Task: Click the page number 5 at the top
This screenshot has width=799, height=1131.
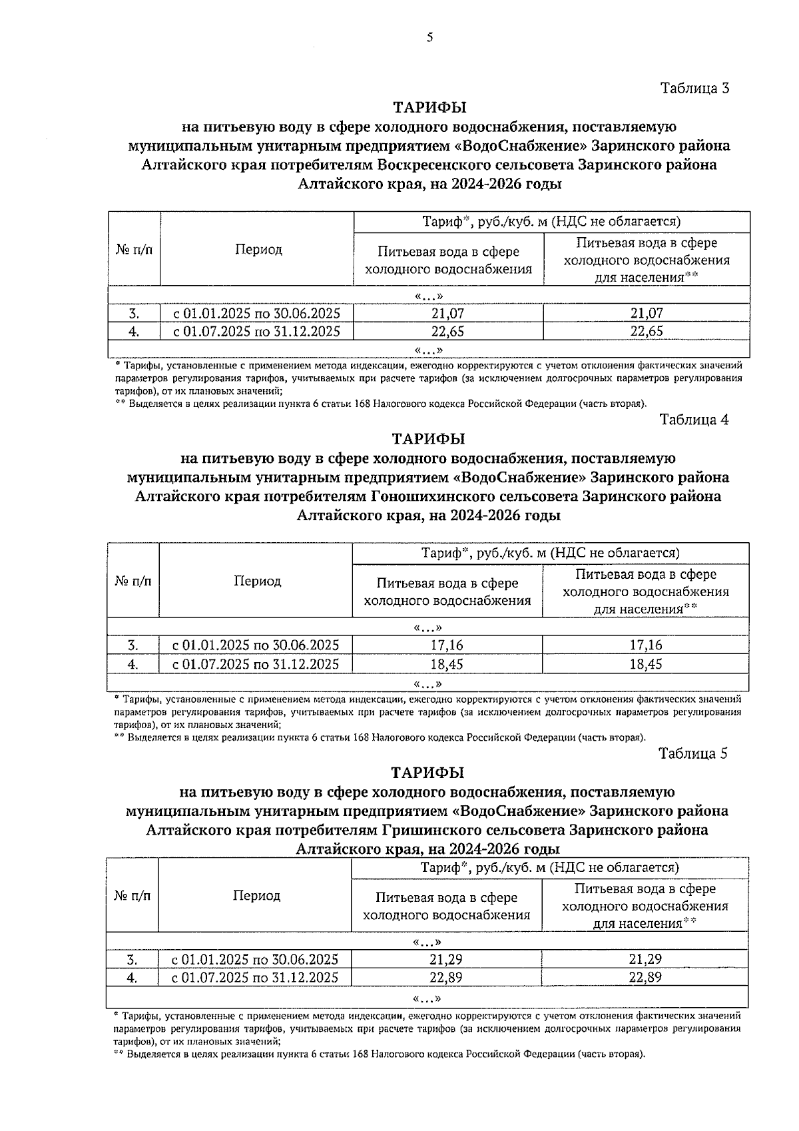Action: pyautogui.click(x=429, y=38)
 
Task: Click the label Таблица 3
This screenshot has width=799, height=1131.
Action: pyautogui.click(x=695, y=88)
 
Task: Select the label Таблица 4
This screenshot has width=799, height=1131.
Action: pyautogui.click(x=694, y=420)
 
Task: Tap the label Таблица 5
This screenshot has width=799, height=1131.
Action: pyautogui.click(x=692, y=753)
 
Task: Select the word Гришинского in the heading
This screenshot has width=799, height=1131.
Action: pyautogui.click(x=428, y=831)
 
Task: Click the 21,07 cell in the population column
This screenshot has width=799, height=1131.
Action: pyautogui.click(x=647, y=313)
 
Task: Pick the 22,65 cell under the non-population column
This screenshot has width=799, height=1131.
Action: pyautogui.click(x=447, y=332)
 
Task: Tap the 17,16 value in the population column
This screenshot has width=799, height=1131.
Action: pyautogui.click(x=646, y=645)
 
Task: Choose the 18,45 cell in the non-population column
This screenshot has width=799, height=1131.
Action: pyautogui.click(x=447, y=664)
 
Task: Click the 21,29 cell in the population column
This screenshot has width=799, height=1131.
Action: pyautogui.click(x=645, y=959)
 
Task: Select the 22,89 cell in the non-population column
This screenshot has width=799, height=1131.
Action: pyautogui.click(x=446, y=978)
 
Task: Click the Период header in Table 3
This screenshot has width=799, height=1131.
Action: pyautogui.click(x=258, y=250)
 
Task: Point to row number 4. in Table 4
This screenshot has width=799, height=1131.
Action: pyautogui.click(x=133, y=664)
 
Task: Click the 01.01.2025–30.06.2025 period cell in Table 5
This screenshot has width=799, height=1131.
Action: pyautogui.click(x=255, y=959)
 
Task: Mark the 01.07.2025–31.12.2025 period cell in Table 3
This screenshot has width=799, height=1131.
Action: pyautogui.click(x=257, y=332)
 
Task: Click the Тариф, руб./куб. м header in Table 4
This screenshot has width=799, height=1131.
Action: pyautogui.click(x=550, y=554)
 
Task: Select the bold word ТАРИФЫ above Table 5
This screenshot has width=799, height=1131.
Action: pyautogui.click(x=427, y=773)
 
